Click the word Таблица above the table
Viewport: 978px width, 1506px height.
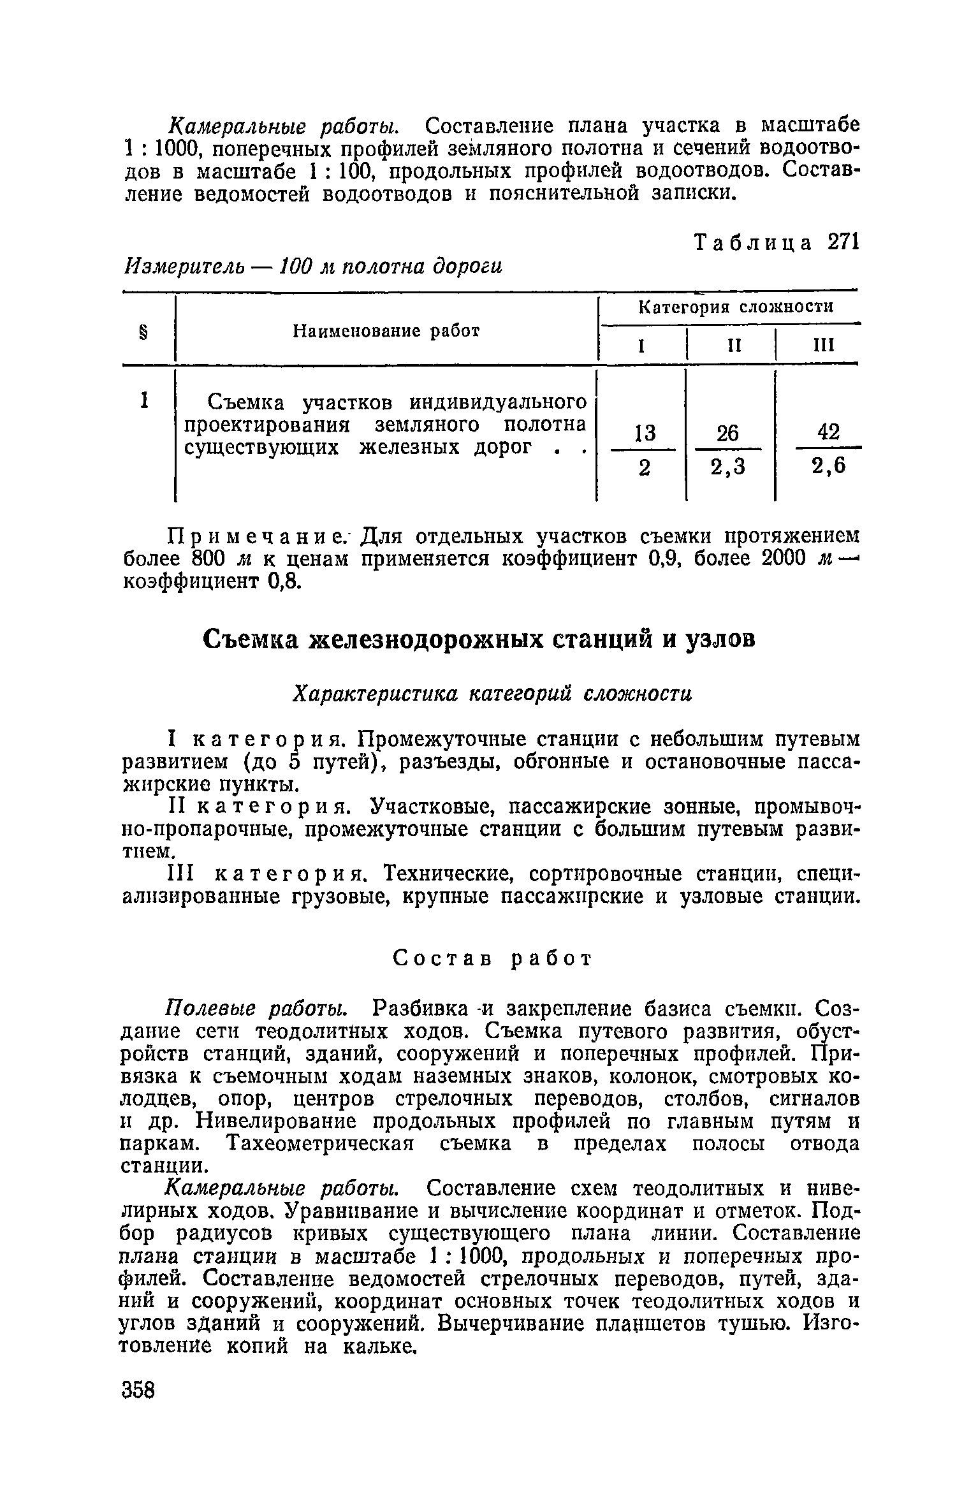tap(753, 243)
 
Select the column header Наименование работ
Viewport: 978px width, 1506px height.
tap(386, 331)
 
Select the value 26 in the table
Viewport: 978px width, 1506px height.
tap(727, 434)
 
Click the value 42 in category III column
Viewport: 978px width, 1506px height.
tap(828, 432)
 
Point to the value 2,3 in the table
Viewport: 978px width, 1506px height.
tap(727, 468)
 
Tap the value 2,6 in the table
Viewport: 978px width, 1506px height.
tap(828, 467)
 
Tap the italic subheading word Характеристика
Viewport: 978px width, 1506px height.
tap(374, 693)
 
